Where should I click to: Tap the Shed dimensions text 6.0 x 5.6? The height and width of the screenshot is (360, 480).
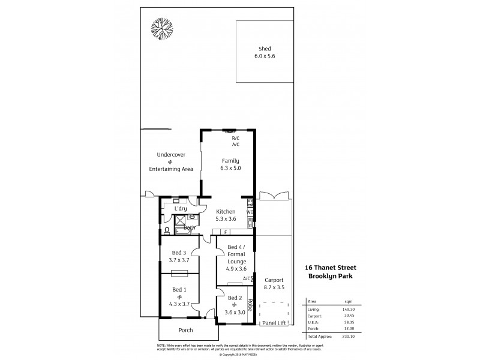coord(264,56)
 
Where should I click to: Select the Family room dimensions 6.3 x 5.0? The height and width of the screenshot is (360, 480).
coord(230,169)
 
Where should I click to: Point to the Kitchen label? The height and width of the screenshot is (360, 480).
coord(226,211)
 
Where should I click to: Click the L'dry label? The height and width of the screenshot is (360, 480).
coord(181,209)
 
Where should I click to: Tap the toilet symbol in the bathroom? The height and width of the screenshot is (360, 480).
coord(166,230)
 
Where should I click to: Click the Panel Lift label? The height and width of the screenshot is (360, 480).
coord(274,323)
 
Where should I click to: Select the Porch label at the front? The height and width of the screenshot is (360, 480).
coord(186,330)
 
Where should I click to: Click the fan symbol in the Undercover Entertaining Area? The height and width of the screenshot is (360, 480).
coord(170,162)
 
